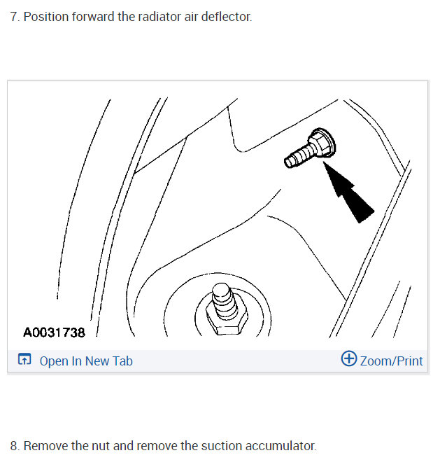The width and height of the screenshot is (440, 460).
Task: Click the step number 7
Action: coord(14,16)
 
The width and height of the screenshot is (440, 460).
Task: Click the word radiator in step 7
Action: coord(142,16)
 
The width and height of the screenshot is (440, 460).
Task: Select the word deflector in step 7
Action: coord(223,16)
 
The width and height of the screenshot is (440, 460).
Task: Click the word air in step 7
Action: coord(179,16)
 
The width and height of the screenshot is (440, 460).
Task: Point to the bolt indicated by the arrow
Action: coord(311,149)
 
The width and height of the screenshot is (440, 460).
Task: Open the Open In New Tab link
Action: coord(85,361)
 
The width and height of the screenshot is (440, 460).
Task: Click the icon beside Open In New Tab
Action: coord(24,361)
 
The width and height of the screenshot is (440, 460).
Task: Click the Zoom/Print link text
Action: coord(391,361)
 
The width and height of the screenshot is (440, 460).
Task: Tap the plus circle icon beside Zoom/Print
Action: coord(348,360)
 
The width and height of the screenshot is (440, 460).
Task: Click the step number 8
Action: coord(14,446)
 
